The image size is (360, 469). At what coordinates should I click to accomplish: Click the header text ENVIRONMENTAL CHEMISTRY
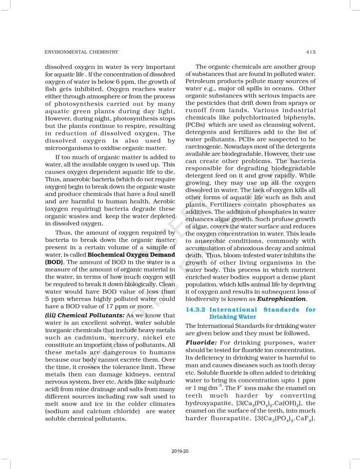click(x=82, y=52)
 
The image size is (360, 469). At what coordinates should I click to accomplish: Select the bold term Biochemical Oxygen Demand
click(x=131, y=254)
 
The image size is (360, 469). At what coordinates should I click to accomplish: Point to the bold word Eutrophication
click(x=281, y=299)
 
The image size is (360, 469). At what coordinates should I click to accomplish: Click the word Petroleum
click(x=202, y=81)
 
